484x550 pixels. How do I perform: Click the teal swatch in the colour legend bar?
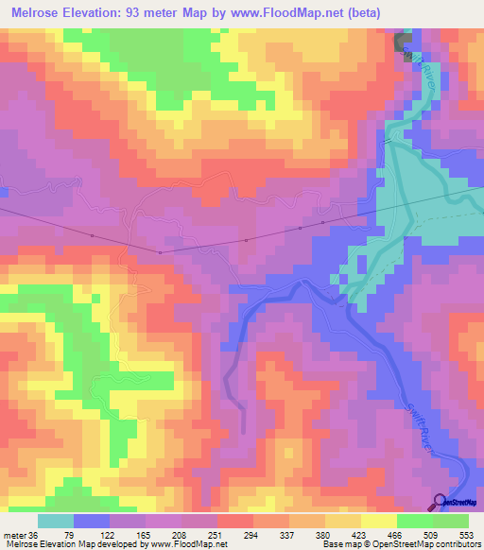click(56, 521)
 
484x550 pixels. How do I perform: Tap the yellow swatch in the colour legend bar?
click(379, 521)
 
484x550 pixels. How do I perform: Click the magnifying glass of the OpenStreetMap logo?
click(439, 502)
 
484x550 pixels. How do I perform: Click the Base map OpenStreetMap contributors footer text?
click(397, 544)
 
